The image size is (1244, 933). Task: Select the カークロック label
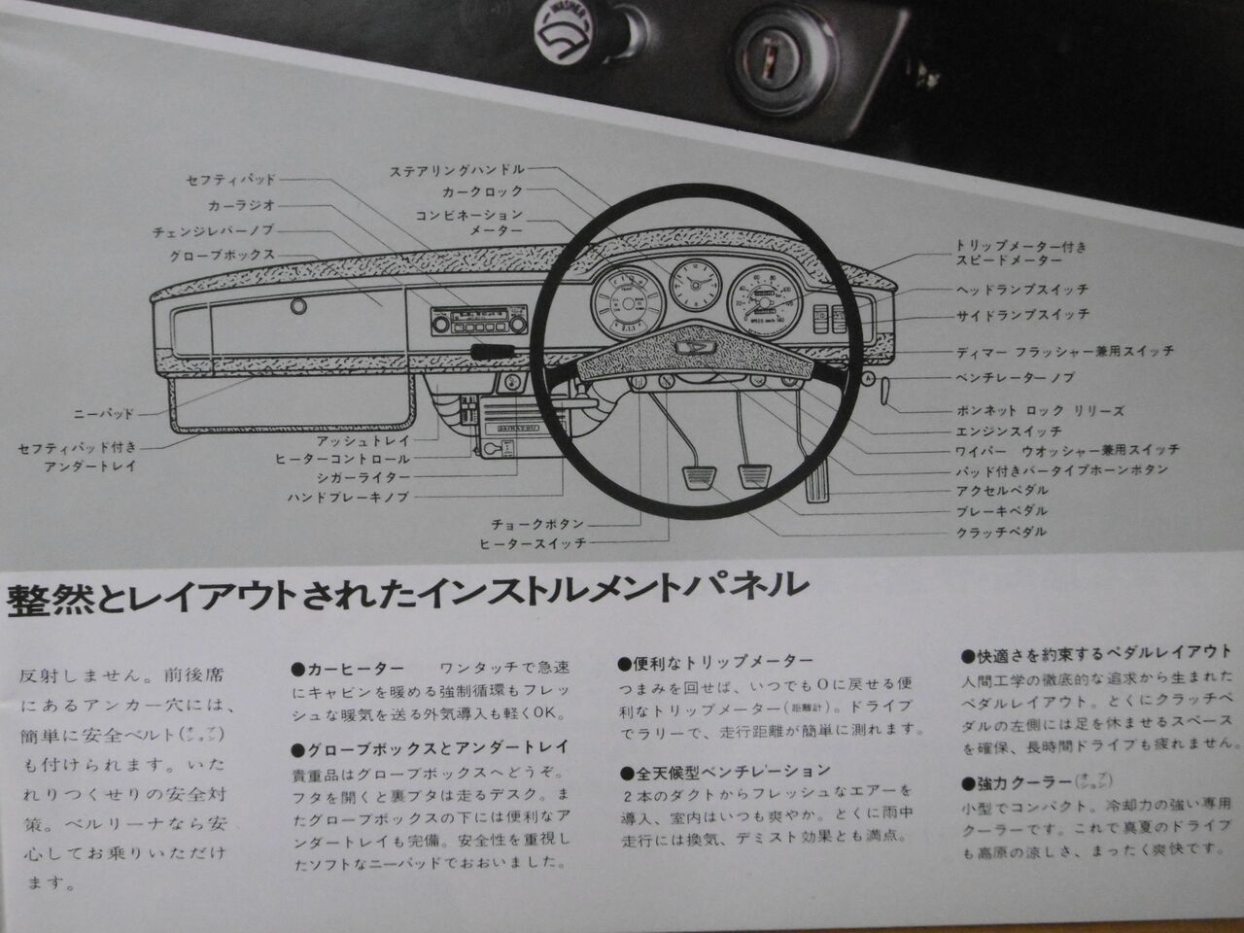[482, 192]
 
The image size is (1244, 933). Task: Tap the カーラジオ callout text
[242, 206]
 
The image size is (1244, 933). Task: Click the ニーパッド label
[104, 412]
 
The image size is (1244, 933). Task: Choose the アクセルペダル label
[1000, 491]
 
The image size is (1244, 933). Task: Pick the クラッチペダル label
[1000, 532]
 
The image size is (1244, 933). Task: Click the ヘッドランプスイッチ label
[1021, 290]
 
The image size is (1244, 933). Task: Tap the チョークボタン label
[538, 524]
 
